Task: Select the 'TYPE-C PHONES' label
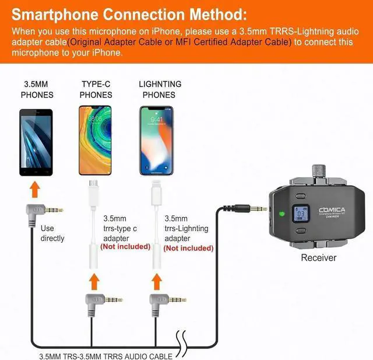tap(96, 89)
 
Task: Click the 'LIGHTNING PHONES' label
tap(160, 89)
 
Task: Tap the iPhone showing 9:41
tap(156, 141)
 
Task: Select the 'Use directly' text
tap(52, 233)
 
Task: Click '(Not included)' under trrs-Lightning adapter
tap(189, 247)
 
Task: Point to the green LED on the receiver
tap(281, 212)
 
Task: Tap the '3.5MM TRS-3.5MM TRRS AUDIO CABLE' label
tap(105, 355)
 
